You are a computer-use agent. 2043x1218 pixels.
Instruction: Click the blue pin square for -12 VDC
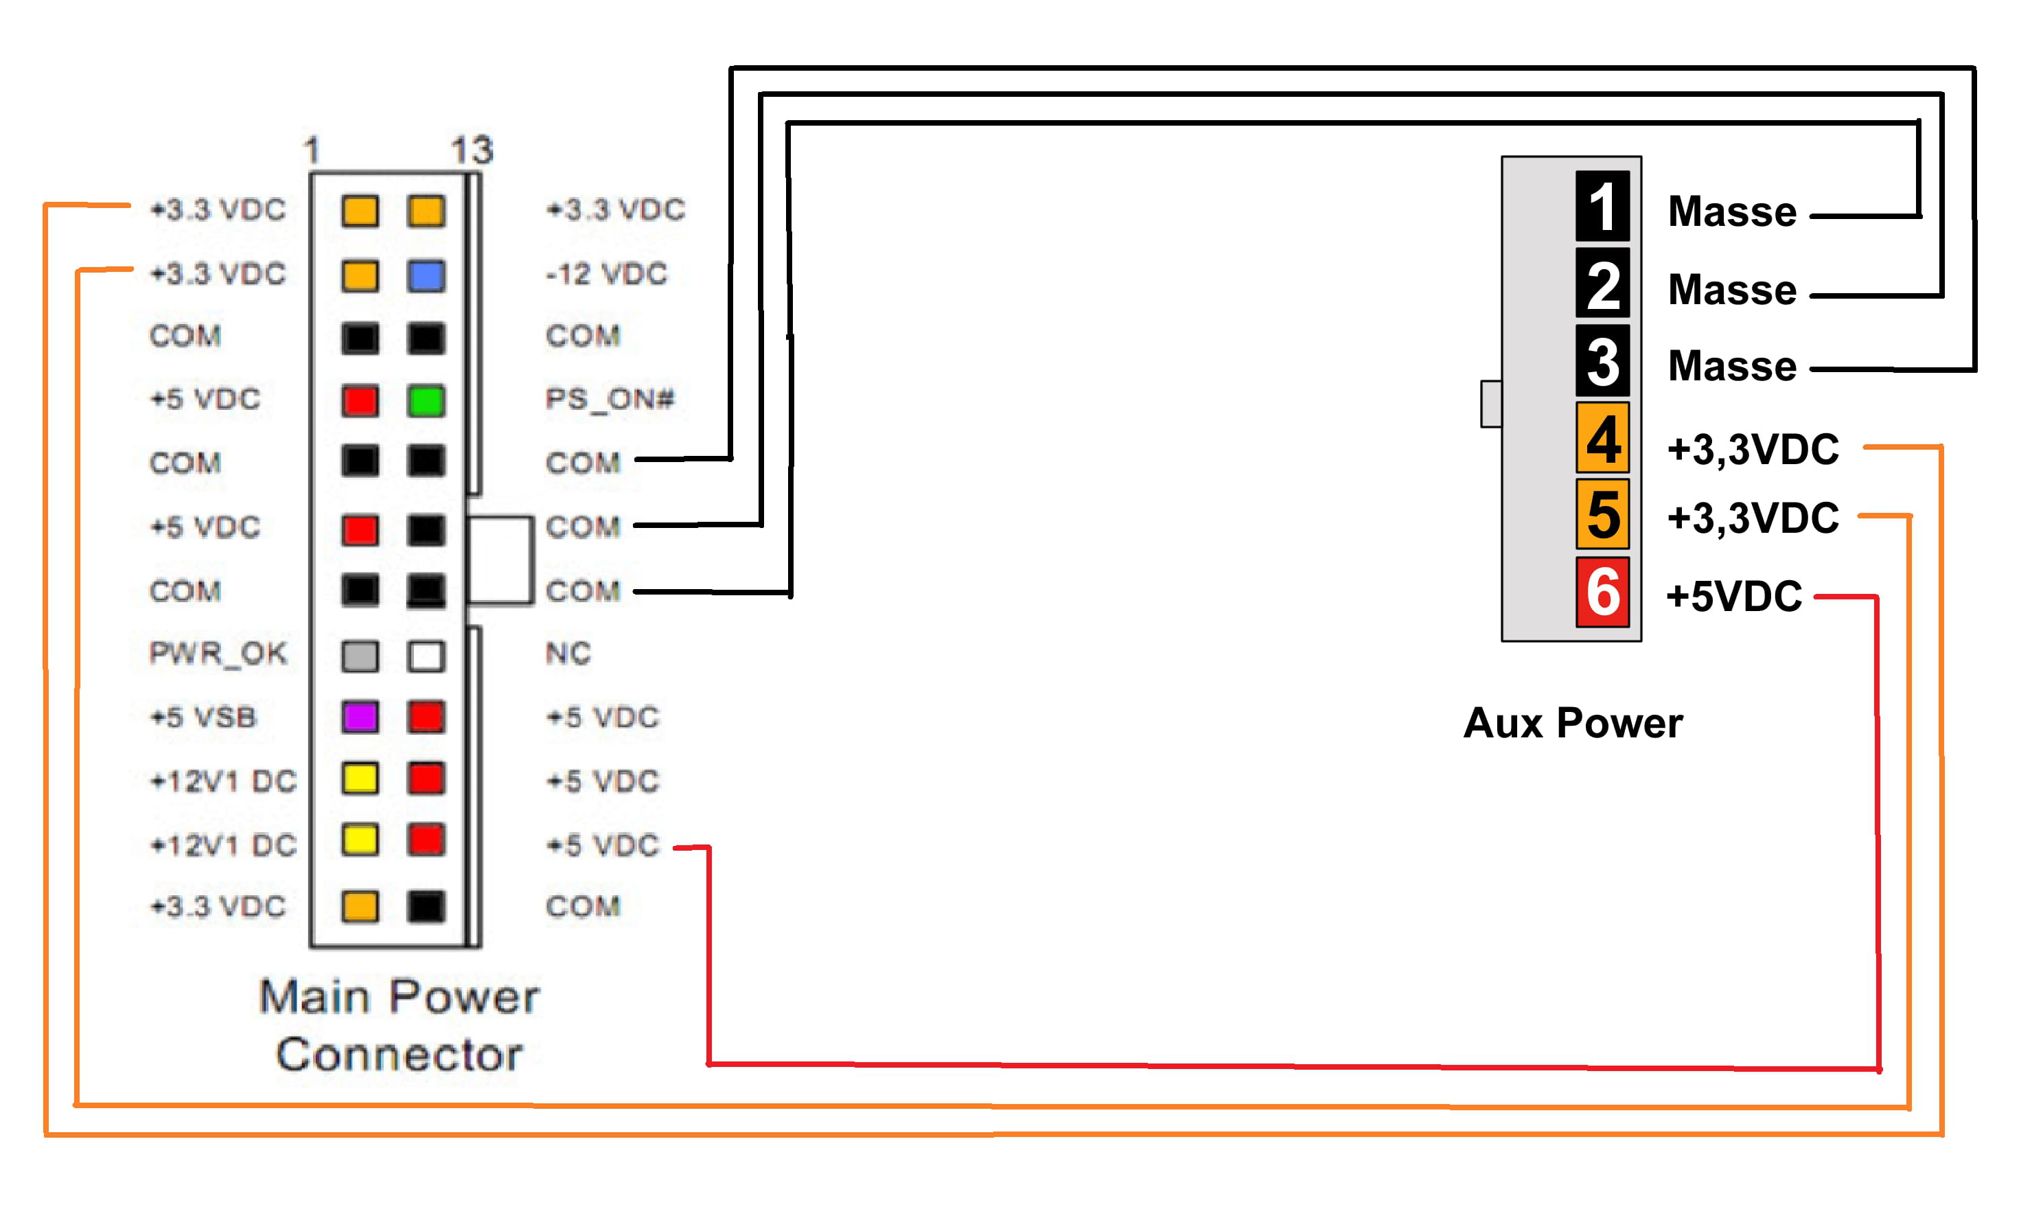point(426,276)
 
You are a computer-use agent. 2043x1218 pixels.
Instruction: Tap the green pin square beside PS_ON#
point(426,400)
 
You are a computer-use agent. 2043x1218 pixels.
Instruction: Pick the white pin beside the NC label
point(426,656)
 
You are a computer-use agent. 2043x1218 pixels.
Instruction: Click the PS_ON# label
point(610,400)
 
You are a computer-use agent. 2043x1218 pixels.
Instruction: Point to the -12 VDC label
point(606,274)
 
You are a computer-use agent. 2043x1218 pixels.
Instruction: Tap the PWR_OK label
point(218,654)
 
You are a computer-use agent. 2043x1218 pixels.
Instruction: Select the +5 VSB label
point(203,717)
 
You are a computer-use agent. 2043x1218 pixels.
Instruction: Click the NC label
point(568,654)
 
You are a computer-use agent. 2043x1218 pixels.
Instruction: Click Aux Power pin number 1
point(1602,206)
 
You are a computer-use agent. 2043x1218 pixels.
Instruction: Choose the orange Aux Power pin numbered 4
point(1602,438)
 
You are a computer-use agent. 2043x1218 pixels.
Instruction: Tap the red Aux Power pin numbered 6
point(1602,592)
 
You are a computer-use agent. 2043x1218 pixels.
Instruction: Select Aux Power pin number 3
point(1602,361)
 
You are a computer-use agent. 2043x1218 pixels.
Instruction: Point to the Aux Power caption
point(1573,723)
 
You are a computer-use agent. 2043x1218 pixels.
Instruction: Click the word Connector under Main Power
point(399,1055)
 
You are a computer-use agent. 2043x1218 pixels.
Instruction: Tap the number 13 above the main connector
point(472,150)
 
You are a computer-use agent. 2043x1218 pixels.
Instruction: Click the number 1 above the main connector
point(311,151)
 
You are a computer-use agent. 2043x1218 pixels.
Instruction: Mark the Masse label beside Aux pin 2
point(1732,290)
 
